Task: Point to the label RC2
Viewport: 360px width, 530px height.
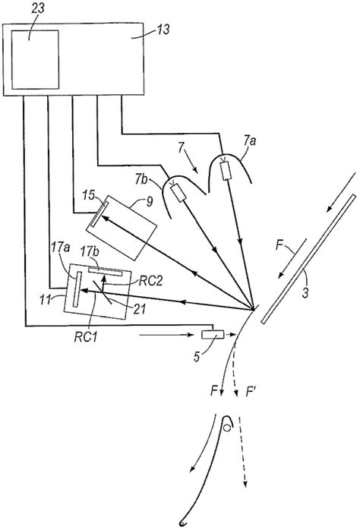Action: click(x=148, y=278)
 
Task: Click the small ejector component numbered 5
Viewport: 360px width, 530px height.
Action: click(x=210, y=335)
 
